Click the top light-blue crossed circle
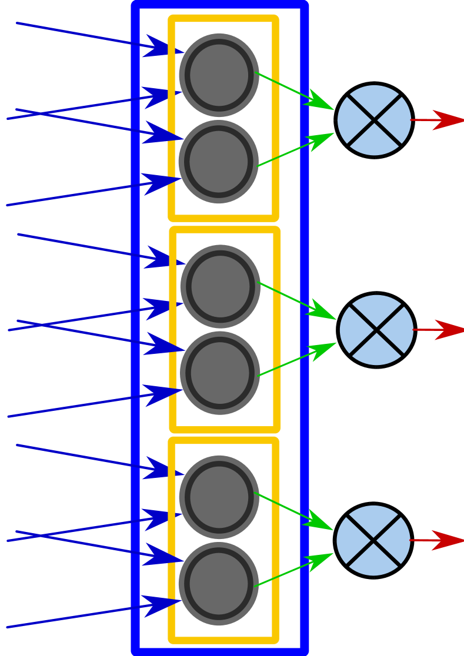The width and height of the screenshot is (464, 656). (x=374, y=121)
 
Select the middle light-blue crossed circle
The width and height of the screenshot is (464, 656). (x=376, y=330)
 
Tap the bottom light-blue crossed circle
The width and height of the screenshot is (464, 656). (x=373, y=540)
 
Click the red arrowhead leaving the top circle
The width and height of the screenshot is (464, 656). (x=449, y=120)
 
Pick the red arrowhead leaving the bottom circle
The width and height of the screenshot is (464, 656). (x=449, y=540)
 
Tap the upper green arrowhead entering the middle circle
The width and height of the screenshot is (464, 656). (x=322, y=312)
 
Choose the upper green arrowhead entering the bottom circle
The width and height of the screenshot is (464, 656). (x=319, y=522)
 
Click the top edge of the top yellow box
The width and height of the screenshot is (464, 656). (x=223, y=18)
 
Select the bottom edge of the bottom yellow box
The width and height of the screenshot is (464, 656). (x=223, y=640)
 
